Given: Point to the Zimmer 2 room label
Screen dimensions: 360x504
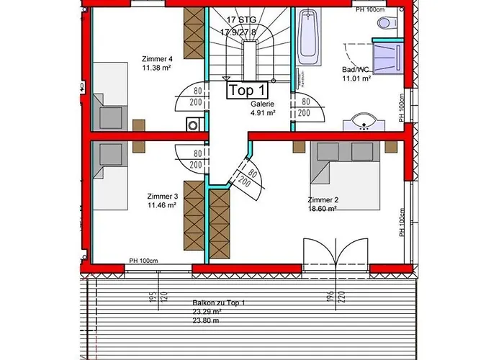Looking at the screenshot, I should (x=323, y=199).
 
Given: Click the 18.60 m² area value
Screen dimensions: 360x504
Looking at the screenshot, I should (x=323, y=209).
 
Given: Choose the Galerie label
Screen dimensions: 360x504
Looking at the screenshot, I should (x=262, y=104).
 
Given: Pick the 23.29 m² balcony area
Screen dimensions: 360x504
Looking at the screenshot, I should (x=219, y=312).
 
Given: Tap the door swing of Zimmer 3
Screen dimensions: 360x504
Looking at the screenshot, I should (x=187, y=157).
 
